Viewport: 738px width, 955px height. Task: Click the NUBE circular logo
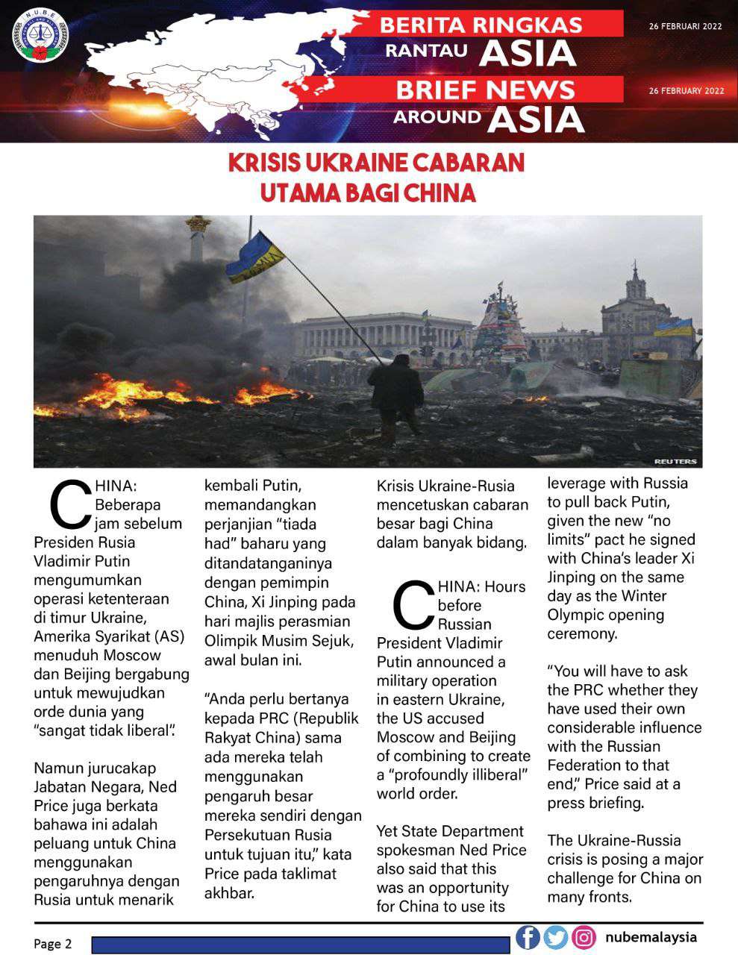tap(40, 36)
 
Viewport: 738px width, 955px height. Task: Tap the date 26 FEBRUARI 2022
tap(686, 26)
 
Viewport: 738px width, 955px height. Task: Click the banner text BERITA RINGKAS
tap(481, 25)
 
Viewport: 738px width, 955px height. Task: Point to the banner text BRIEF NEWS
tap(485, 90)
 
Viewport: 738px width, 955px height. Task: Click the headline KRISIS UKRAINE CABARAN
tap(376, 163)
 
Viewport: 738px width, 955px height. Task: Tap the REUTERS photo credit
tap(675, 461)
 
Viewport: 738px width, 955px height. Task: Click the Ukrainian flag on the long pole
tap(256, 257)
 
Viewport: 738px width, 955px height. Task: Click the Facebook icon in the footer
tap(528, 937)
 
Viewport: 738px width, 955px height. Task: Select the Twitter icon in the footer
tap(556, 937)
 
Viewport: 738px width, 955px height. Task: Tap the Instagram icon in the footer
tap(584, 937)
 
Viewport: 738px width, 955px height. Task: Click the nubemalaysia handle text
tap(651, 937)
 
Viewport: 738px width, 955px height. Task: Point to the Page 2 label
tap(53, 944)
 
